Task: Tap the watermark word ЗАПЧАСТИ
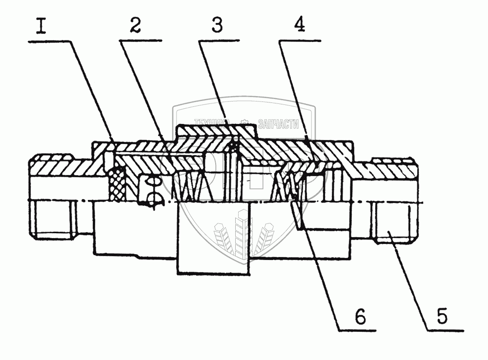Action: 281,124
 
